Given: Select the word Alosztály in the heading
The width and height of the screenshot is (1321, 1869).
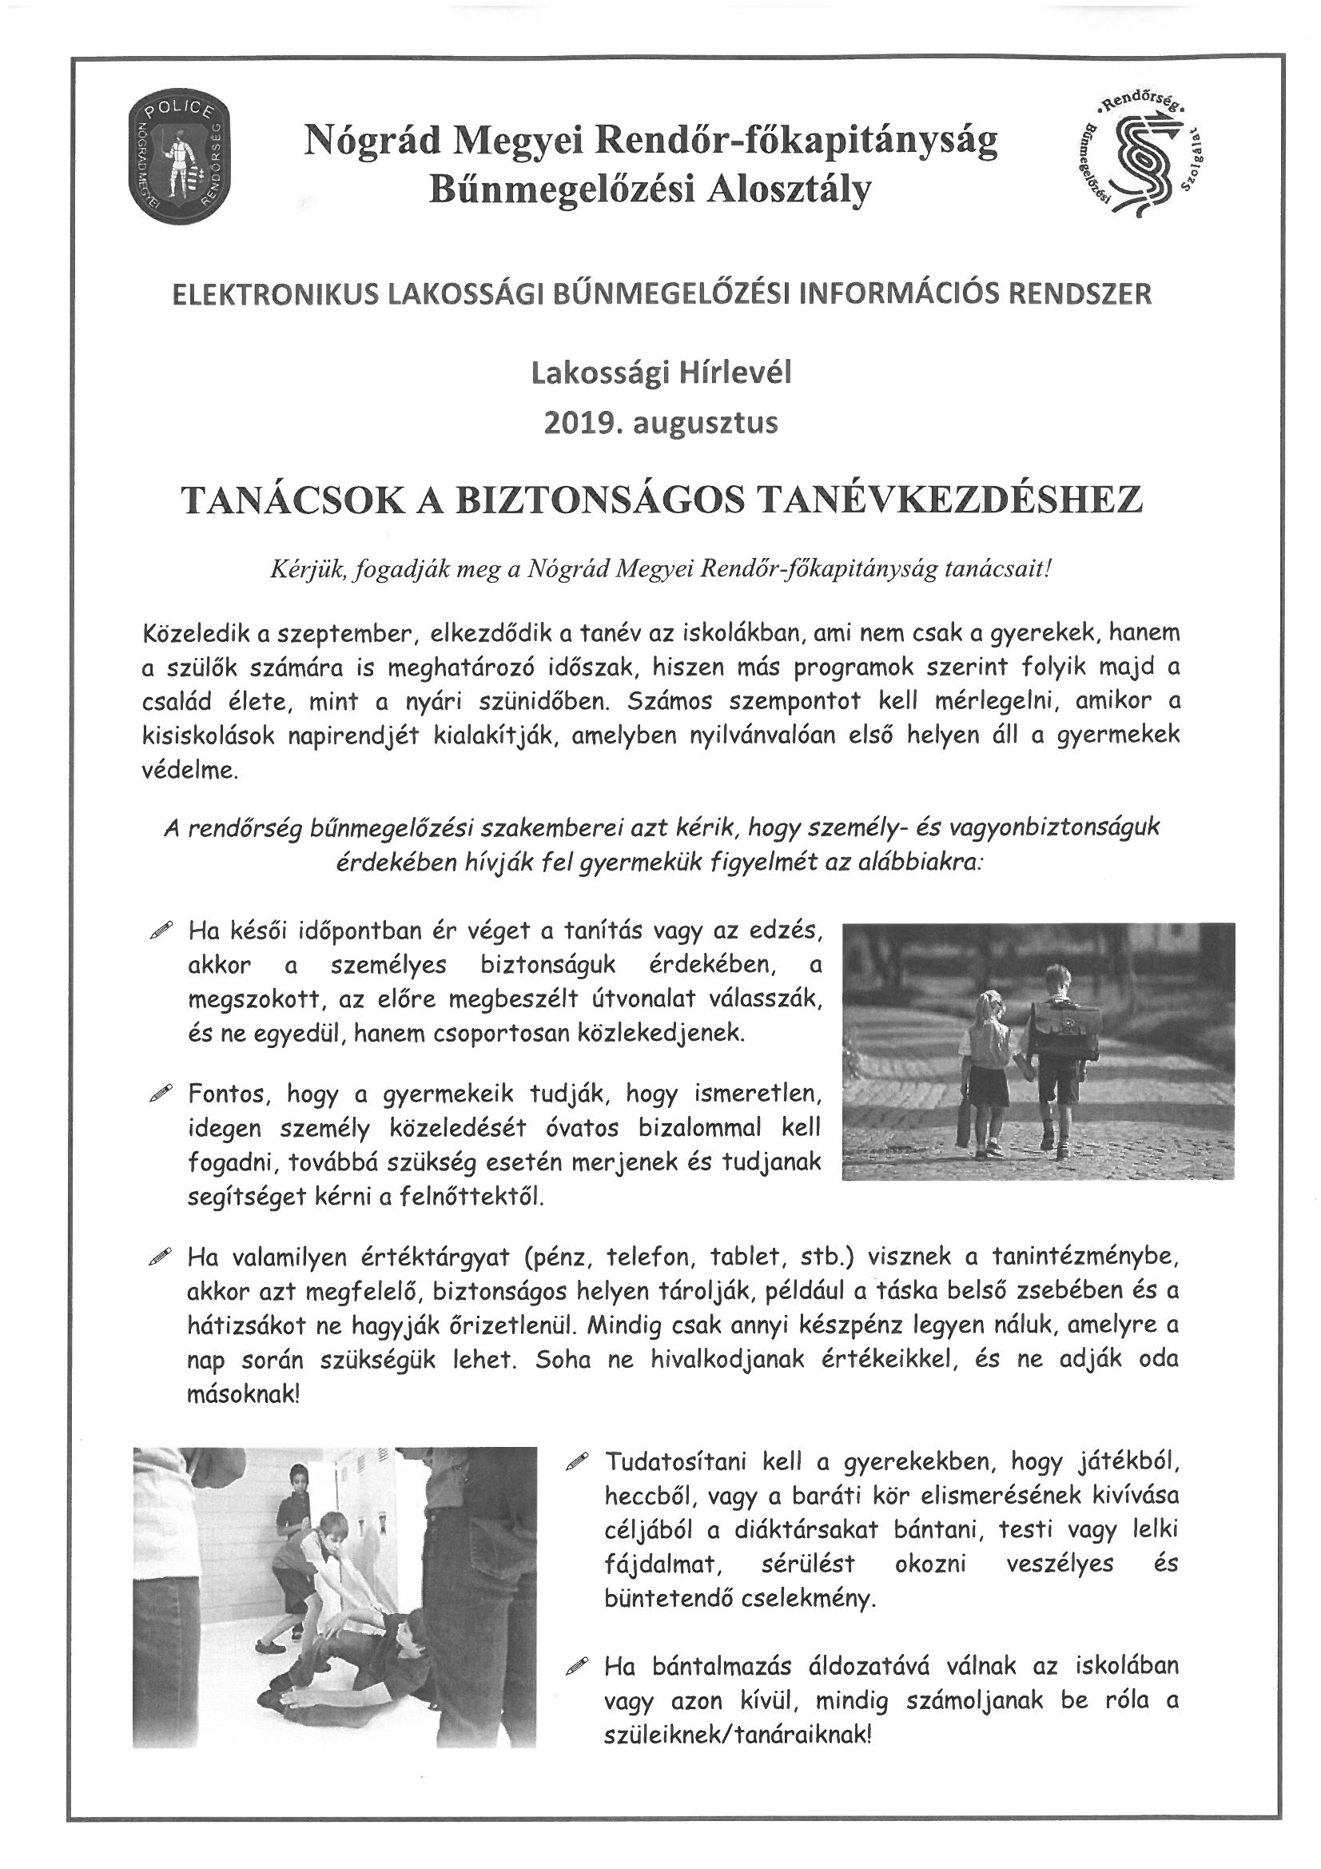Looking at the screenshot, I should click(791, 190).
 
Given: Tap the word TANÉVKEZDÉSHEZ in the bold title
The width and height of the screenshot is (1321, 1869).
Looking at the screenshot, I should click(943, 500).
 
